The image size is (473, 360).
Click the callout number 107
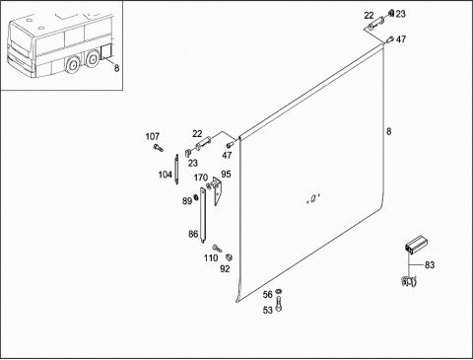pyautogui.click(x=153, y=136)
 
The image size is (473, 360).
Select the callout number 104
pyautogui.click(x=166, y=175)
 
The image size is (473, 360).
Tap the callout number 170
pyautogui.click(x=201, y=178)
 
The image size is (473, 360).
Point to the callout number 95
pyautogui.click(x=226, y=174)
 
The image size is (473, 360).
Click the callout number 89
pyautogui.click(x=187, y=201)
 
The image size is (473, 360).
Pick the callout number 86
pyautogui.click(x=193, y=234)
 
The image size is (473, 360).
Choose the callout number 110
pyautogui.click(x=211, y=258)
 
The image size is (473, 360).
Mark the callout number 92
pyautogui.click(x=225, y=269)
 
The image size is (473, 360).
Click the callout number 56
pyautogui.click(x=268, y=294)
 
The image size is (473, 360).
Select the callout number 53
pyautogui.click(x=268, y=310)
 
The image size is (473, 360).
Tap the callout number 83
pyautogui.click(x=430, y=264)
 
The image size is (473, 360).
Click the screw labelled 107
pyautogui.click(x=158, y=148)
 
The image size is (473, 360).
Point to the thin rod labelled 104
pyautogui.click(x=176, y=169)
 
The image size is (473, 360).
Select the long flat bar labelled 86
pyautogui.click(x=204, y=215)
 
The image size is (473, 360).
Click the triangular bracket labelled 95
pyautogui.click(x=217, y=190)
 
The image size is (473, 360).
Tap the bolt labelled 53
pyautogui.click(x=279, y=303)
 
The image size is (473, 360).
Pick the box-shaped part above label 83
pyautogui.click(x=415, y=245)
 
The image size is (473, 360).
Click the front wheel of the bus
pyautogui.click(x=71, y=65)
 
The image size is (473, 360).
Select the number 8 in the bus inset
pyautogui.click(x=116, y=68)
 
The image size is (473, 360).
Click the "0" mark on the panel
pyautogui.click(x=313, y=198)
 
